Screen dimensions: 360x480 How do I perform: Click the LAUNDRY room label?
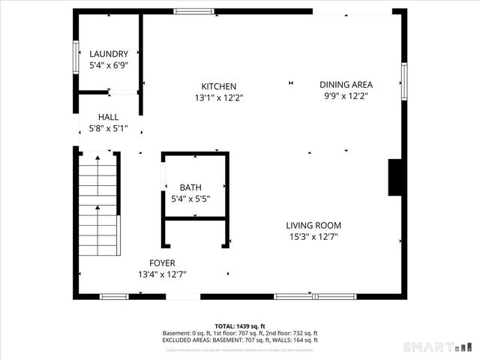(x=109, y=54)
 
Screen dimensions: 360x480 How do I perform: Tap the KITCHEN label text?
(x=218, y=86)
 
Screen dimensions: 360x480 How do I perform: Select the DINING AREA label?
(x=346, y=85)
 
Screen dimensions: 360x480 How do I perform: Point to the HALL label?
(x=109, y=118)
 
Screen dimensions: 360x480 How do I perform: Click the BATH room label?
(x=190, y=187)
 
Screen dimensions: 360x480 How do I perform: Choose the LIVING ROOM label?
(x=313, y=225)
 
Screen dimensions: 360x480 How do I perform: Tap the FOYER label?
(x=162, y=263)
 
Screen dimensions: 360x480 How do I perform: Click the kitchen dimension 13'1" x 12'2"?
(x=218, y=97)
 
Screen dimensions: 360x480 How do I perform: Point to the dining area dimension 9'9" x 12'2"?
(x=346, y=96)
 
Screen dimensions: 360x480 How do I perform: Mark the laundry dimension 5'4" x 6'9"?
(x=109, y=65)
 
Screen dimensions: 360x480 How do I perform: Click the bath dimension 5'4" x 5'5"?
(x=190, y=199)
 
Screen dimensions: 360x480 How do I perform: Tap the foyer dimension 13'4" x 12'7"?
(x=162, y=274)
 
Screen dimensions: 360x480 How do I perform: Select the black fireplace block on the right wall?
(x=396, y=177)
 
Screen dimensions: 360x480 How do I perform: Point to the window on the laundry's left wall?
(x=76, y=56)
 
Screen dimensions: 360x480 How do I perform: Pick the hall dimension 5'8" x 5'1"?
(x=109, y=129)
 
